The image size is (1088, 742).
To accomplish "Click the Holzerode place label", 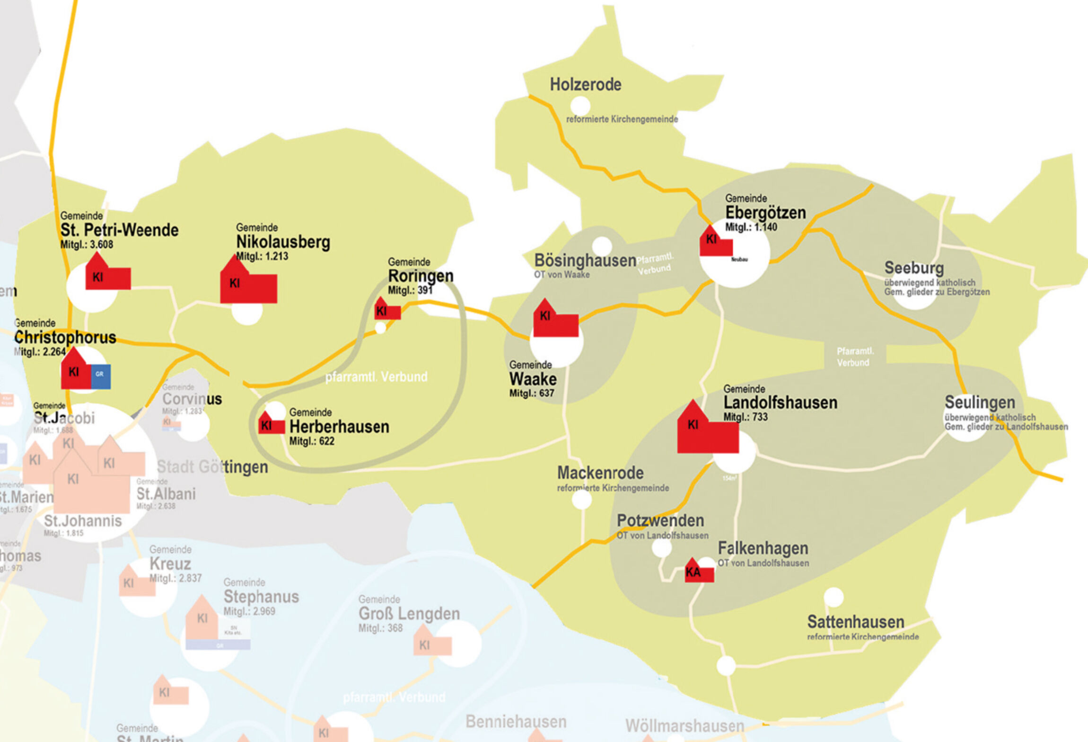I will pyautogui.click(x=585, y=85).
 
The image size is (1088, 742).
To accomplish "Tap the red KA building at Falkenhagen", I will pyautogui.click(x=699, y=572).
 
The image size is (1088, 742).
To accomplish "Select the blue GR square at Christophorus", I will pyautogui.click(x=100, y=376).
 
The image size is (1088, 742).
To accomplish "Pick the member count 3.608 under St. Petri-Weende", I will pyautogui.click(x=87, y=245).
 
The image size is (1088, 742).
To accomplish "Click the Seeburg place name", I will pyautogui.click(x=914, y=268).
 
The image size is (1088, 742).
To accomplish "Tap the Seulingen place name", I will pyautogui.click(x=980, y=402).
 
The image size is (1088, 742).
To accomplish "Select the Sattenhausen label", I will pyautogui.click(x=855, y=622).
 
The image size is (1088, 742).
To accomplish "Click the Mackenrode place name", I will pyautogui.click(x=600, y=473).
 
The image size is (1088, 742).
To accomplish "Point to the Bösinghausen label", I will pyautogui.click(x=585, y=260).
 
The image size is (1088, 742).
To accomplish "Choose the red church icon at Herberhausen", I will pyautogui.click(x=271, y=424).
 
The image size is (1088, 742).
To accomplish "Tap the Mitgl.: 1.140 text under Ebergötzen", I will pyautogui.click(x=751, y=227).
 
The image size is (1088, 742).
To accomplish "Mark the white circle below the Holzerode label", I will pyautogui.click(x=580, y=106).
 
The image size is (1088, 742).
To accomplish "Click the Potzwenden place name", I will pyautogui.click(x=660, y=521).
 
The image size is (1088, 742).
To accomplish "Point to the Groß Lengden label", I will pyautogui.click(x=409, y=614).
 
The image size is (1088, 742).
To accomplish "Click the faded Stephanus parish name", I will pyautogui.click(x=261, y=597).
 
